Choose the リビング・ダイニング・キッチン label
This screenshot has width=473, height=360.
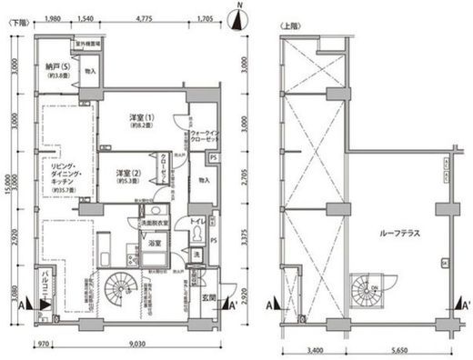56,177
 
